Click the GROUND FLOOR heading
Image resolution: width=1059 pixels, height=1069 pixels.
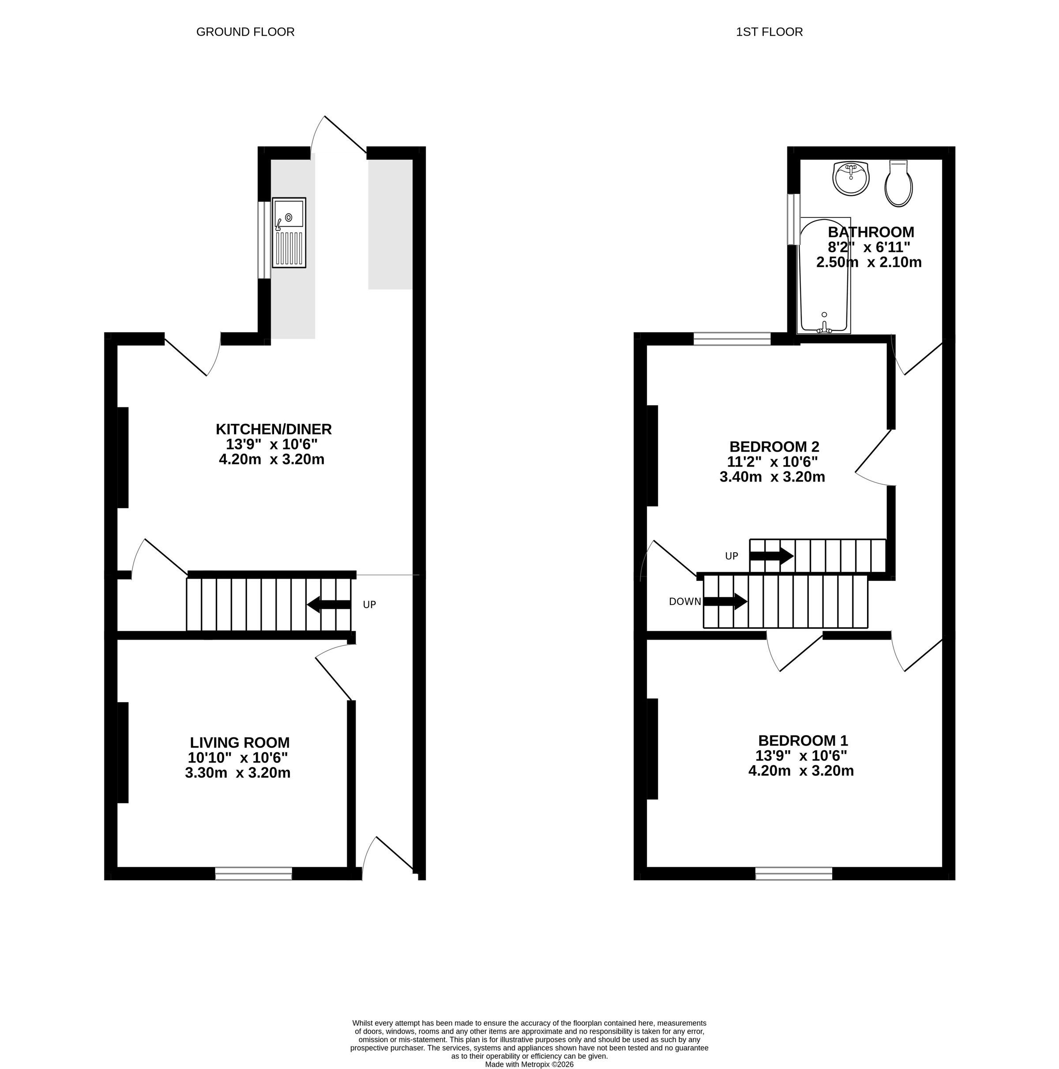pyautogui.click(x=245, y=32)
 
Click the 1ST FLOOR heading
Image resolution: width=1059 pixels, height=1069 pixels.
pyautogui.click(x=769, y=32)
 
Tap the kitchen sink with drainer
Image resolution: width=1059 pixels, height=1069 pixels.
pyautogui.click(x=289, y=233)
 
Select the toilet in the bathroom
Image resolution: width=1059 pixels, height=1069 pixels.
pyautogui.click(x=898, y=183)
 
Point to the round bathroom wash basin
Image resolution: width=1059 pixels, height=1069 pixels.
pyautogui.click(x=851, y=179)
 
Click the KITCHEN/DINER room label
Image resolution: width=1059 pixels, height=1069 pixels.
pyautogui.click(x=274, y=429)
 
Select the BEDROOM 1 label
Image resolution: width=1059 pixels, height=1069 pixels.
pyautogui.click(x=803, y=740)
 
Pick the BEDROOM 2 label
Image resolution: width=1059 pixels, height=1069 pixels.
pyautogui.click(x=774, y=446)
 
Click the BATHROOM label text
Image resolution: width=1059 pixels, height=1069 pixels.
pyautogui.click(x=871, y=232)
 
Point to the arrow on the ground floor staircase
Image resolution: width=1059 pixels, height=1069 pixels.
pyautogui.click(x=329, y=605)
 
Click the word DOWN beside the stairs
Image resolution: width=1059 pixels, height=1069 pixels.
pyautogui.click(x=685, y=602)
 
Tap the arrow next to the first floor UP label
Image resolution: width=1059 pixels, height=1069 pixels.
pyautogui.click(x=772, y=556)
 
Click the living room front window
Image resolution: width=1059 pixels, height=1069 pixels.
pyautogui.click(x=254, y=874)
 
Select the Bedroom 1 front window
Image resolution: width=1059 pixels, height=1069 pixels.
pyautogui.click(x=794, y=874)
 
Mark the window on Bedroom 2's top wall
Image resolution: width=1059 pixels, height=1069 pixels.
pyautogui.click(x=732, y=339)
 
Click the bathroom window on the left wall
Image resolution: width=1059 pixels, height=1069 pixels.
pyautogui.click(x=794, y=219)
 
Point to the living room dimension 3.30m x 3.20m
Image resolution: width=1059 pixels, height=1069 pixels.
pyautogui.click(x=237, y=773)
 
